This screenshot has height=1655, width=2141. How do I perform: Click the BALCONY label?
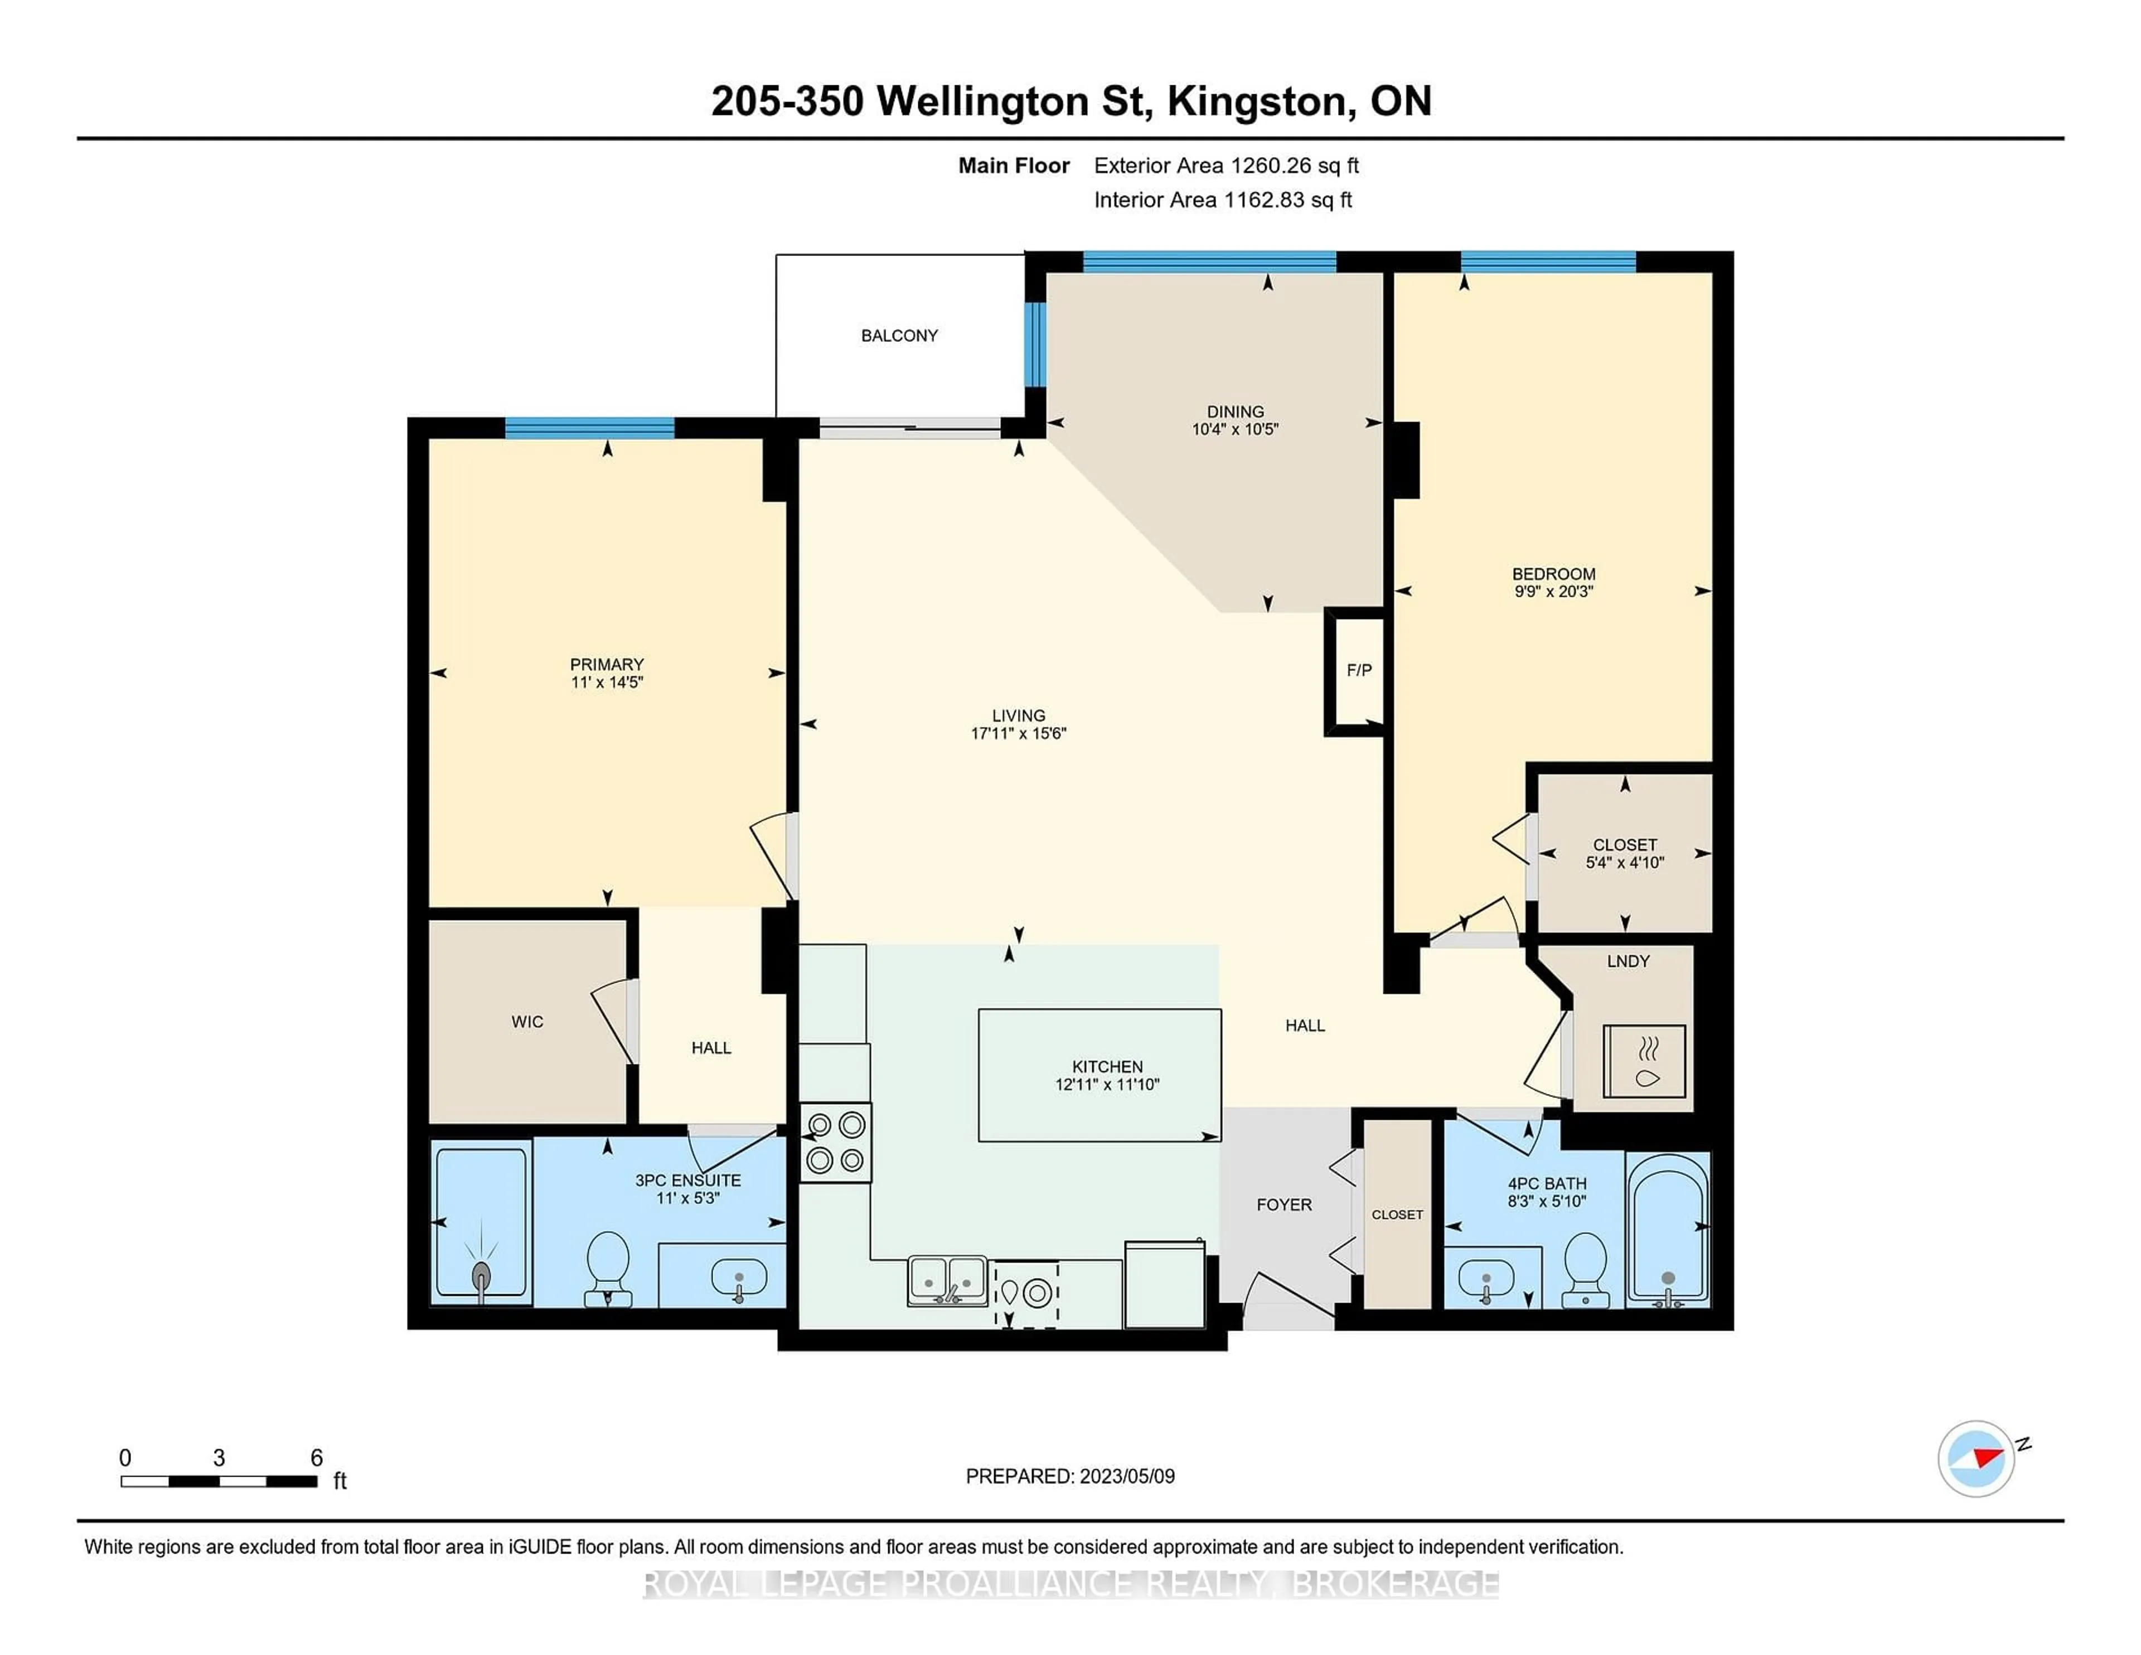coord(899,335)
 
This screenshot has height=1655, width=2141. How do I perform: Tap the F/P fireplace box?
coord(1358,671)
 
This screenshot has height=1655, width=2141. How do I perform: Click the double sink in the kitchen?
coord(947,1280)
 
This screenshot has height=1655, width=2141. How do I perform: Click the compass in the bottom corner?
coord(1975,1458)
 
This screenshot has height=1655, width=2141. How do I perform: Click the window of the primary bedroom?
coord(589,428)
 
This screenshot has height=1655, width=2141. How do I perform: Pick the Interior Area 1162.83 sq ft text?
coord(1223,200)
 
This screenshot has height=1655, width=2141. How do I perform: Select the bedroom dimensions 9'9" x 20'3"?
coord(1553,591)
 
